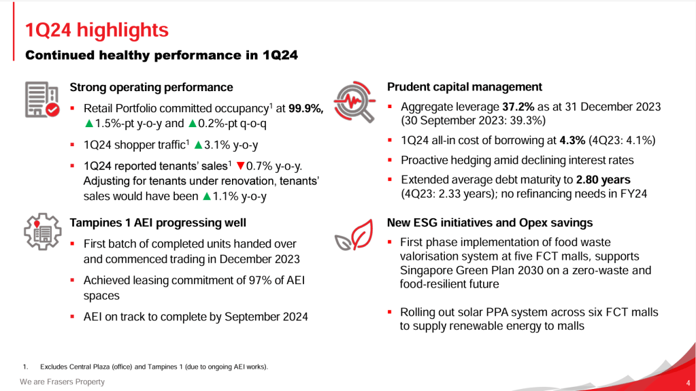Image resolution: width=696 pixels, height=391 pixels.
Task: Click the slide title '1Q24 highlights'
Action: (97, 31)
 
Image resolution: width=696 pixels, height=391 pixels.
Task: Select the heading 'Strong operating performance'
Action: (151, 87)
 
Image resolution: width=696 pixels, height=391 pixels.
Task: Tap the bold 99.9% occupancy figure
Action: (305, 109)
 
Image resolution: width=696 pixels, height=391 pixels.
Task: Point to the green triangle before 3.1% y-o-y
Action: (199, 145)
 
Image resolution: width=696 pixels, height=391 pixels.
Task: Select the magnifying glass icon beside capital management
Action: (354, 103)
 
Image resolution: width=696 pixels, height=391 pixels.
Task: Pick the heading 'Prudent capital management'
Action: (465, 87)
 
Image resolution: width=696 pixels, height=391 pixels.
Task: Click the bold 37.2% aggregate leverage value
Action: (517, 107)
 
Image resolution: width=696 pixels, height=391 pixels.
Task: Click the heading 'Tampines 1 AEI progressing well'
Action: (158, 222)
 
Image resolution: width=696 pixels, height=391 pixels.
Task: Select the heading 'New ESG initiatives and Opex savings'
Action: (490, 222)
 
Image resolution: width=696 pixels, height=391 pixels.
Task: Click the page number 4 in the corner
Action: (689, 382)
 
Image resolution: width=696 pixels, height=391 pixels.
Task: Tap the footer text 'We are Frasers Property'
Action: (62, 382)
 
